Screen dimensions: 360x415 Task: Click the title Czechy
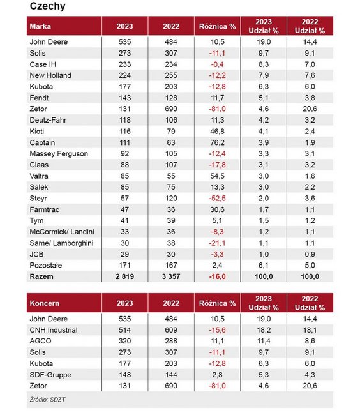(x=48, y=6)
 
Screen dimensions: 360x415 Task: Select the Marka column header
(x=40, y=26)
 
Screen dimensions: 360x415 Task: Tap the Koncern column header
(x=45, y=303)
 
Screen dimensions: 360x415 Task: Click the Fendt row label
(x=39, y=98)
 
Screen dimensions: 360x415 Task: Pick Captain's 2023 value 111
(x=124, y=142)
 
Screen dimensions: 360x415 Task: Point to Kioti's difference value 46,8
(x=217, y=132)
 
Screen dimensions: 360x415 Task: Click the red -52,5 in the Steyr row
(x=217, y=199)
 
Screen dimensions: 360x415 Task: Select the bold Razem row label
(x=41, y=276)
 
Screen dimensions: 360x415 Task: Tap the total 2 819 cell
(x=124, y=276)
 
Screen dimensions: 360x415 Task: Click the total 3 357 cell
(x=171, y=276)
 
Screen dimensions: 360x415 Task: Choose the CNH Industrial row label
(x=54, y=330)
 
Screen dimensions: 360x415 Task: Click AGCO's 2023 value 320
(x=124, y=341)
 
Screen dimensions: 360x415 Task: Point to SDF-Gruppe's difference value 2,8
(x=217, y=375)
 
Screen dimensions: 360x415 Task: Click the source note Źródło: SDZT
(x=47, y=400)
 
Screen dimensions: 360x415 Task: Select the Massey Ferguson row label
(x=59, y=154)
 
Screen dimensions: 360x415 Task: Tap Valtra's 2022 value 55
(x=171, y=176)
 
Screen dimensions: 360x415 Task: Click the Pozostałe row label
(x=46, y=266)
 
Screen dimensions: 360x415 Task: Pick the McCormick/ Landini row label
(x=62, y=232)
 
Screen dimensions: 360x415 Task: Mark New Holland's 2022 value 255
(x=171, y=75)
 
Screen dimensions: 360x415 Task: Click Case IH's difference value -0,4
(x=217, y=64)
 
